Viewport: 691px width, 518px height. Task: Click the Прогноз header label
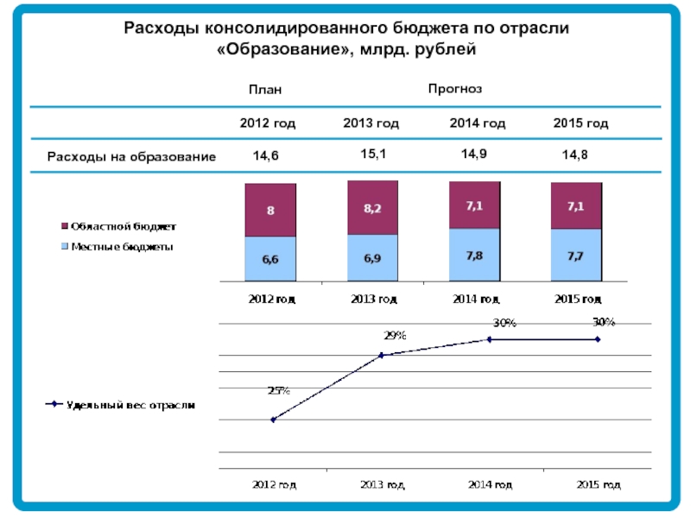[454, 89]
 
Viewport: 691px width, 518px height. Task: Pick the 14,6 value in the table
[265, 156]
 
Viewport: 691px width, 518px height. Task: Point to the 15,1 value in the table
[372, 154]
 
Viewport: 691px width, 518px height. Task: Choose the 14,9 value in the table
[473, 154]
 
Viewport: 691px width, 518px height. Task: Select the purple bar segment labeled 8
[270, 210]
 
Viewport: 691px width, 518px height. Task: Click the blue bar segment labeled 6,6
[270, 259]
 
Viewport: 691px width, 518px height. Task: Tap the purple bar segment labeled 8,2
[372, 208]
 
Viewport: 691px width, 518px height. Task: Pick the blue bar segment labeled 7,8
[474, 256]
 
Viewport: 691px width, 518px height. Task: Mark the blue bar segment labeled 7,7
[576, 256]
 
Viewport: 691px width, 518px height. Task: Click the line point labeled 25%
[273, 420]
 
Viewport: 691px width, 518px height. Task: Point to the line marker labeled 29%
[381, 355]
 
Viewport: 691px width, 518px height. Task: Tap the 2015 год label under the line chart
[598, 485]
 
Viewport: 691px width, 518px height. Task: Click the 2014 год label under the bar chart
[475, 300]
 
